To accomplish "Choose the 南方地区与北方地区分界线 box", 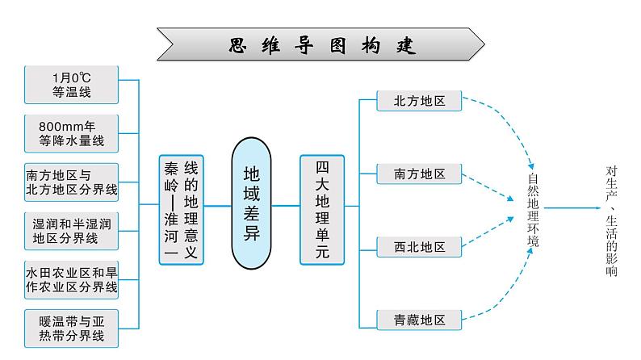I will [x=72, y=182].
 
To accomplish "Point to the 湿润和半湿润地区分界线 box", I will [x=72, y=230].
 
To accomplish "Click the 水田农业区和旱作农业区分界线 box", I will [x=72, y=279].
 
